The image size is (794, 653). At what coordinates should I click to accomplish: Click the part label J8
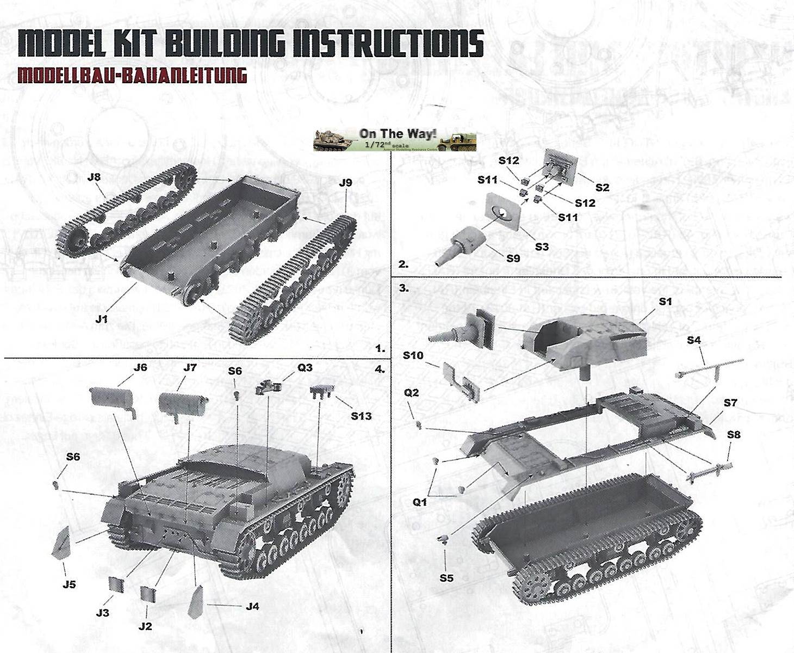pos(94,177)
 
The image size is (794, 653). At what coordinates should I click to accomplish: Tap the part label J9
pos(345,183)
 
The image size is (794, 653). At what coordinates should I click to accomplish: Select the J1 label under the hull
pos(101,319)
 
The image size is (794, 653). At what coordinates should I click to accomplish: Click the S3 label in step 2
pos(542,247)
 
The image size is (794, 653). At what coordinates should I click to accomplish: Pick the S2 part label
pos(602,188)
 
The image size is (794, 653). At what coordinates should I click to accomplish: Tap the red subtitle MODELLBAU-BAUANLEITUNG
pos(132,75)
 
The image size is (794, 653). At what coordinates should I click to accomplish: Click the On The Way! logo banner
pos(394,140)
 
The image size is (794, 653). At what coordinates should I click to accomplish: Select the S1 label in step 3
pos(665,301)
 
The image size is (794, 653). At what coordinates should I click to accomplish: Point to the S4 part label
pos(693,340)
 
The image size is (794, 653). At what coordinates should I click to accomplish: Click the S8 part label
pos(733,435)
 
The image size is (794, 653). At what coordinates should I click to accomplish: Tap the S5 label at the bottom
pos(446,578)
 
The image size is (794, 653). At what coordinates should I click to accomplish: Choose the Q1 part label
pos(419,502)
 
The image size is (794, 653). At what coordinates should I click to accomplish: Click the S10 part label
pos(413,355)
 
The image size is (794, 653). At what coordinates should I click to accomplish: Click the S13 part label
pos(361,416)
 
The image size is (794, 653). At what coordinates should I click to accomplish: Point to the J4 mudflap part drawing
pos(196,602)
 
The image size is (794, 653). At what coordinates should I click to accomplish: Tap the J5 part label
pos(69,584)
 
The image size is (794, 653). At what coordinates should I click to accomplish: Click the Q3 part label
pos(305,368)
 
